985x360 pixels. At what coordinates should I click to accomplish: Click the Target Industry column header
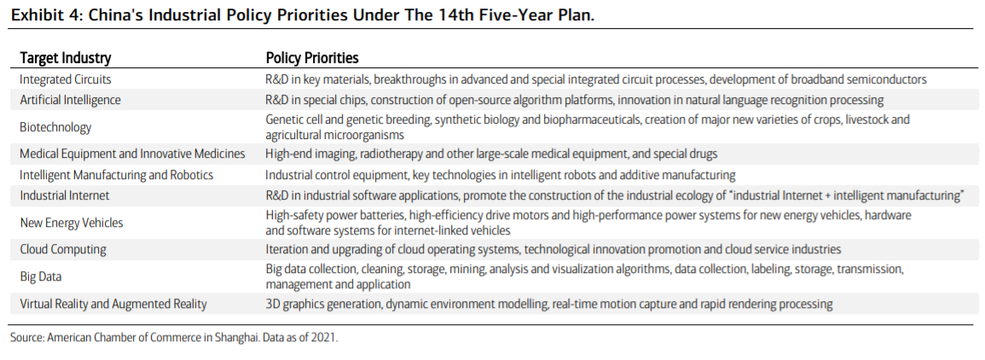(66, 58)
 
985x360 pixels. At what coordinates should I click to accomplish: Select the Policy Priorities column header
(312, 58)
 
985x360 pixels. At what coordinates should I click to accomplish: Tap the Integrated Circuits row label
(66, 80)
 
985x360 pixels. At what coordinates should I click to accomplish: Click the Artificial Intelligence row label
(70, 100)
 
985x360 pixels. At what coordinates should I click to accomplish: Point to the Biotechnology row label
(55, 128)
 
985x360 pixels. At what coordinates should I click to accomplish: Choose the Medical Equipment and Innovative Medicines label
(132, 154)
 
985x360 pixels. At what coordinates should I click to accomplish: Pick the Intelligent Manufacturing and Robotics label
(117, 175)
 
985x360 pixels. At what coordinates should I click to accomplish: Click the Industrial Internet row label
(65, 195)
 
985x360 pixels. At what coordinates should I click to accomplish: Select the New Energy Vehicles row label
(72, 223)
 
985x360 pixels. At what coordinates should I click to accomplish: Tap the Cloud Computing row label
(63, 249)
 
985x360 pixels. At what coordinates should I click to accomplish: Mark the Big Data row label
(40, 277)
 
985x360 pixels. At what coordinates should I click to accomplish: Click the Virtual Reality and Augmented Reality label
(113, 304)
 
